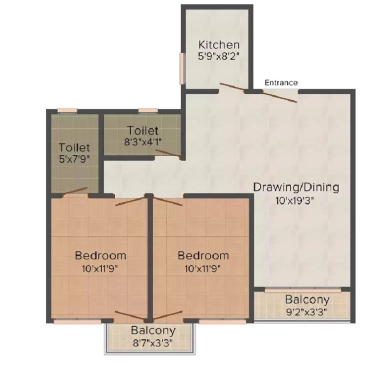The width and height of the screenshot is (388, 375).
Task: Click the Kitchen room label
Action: [219, 45]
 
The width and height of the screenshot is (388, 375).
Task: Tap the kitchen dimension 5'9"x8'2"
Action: [219, 56]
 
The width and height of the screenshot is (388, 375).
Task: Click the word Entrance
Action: [281, 83]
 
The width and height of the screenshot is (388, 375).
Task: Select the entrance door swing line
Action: [280, 97]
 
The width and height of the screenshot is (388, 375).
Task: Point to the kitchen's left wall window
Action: [182, 69]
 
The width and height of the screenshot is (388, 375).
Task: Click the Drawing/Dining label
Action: [296, 187]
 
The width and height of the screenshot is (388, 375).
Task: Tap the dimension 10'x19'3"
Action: [295, 201]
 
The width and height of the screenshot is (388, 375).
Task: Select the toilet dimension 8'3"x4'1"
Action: [143, 142]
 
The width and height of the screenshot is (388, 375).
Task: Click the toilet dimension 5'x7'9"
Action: [74, 159]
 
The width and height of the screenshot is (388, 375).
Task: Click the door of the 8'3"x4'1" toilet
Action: [168, 153]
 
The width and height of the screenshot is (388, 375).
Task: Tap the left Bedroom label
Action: [100, 255]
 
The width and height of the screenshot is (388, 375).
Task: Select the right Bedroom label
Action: [203, 255]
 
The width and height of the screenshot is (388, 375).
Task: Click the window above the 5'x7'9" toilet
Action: [68, 110]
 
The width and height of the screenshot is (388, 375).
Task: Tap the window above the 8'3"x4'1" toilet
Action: [148, 110]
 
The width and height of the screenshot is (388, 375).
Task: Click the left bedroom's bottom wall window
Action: [77, 321]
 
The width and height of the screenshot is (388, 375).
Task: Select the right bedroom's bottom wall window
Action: [223, 321]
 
